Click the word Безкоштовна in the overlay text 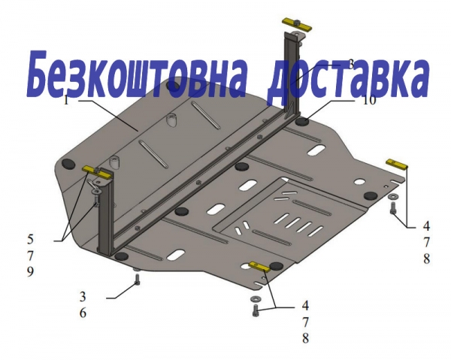click(x=137, y=74)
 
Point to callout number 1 click(x=66, y=101)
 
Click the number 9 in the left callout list click(x=30, y=271)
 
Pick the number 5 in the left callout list click(x=30, y=239)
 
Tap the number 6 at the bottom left click(x=83, y=313)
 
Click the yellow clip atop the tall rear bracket click(x=297, y=24)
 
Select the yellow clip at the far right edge click(x=397, y=164)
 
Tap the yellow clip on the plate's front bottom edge click(x=260, y=267)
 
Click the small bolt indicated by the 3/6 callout click(x=138, y=280)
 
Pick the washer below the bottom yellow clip click(x=255, y=298)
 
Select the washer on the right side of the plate click(x=392, y=196)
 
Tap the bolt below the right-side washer click(x=392, y=208)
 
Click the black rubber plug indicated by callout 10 click(x=303, y=122)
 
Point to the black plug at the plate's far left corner click(x=68, y=163)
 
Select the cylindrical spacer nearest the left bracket click(x=114, y=162)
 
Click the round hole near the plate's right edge click(x=359, y=182)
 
